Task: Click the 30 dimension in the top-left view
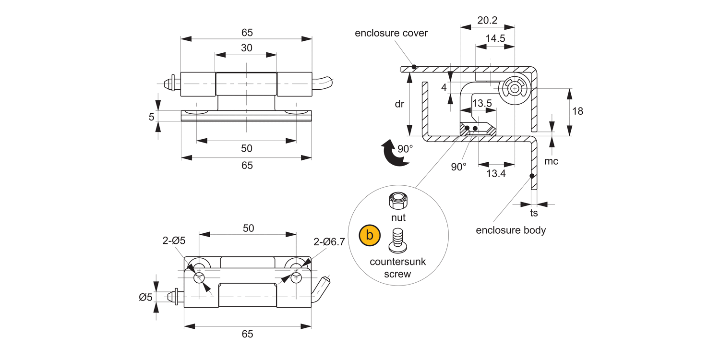(246, 48)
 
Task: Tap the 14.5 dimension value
(495, 39)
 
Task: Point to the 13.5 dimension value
(482, 103)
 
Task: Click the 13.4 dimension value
(496, 174)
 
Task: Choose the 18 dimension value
(578, 111)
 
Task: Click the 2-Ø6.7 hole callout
(329, 242)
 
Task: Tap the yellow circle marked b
(370, 235)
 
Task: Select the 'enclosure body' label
(511, 230)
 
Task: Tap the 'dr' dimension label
(399, 104)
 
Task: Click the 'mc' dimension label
(551, 161)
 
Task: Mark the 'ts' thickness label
(534, 213)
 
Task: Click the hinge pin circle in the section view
(515, 89)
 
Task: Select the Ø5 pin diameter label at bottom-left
(145, 297)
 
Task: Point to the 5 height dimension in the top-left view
(151, 116)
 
